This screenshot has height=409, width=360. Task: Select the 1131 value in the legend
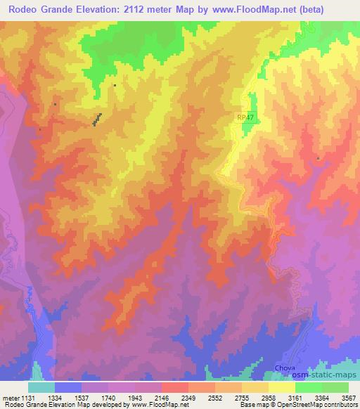pyautogui.click(x=26, y=397)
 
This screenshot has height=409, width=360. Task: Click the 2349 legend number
pyautogui.click(x=188, y=397)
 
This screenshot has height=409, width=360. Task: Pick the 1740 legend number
pyautogui.click(x=108, y=397)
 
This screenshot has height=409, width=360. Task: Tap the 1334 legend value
pyautogui.click(x=53, y=397)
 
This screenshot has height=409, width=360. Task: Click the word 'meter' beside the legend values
pyautogui.click(x=8, y=397)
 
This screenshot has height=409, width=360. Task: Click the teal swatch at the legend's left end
pyautogui.click(x=41, y=387)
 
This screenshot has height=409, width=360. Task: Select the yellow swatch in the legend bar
pyautogui.click(x=282, y=387)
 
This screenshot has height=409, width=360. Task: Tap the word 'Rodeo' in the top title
pyautogui.click(x=24, y=9)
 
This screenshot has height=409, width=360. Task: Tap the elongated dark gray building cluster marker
pyautogui.click(x=96, y=119)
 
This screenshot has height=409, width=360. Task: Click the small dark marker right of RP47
pyautogui.click(x=318, y=159)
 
